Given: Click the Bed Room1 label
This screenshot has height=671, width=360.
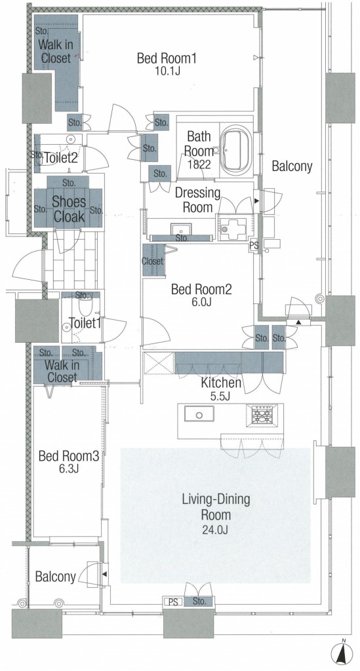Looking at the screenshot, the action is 167,58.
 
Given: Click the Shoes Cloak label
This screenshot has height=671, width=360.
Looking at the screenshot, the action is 68,209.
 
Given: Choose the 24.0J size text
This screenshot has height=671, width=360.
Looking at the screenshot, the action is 216,529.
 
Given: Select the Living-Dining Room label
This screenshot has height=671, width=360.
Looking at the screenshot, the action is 216,507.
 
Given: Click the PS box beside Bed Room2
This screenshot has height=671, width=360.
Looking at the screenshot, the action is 254,246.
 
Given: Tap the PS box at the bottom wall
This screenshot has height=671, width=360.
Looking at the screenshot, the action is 173,602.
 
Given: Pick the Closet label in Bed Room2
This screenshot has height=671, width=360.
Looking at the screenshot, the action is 152,261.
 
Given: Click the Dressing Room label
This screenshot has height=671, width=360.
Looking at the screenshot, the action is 197,200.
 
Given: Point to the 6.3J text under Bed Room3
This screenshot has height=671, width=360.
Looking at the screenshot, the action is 68,468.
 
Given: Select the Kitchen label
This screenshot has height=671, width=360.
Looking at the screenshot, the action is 221,383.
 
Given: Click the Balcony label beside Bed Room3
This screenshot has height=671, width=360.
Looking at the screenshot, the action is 55,577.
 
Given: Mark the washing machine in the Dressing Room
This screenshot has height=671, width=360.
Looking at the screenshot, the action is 232,227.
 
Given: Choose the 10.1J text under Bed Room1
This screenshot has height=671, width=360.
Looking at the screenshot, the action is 167,71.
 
